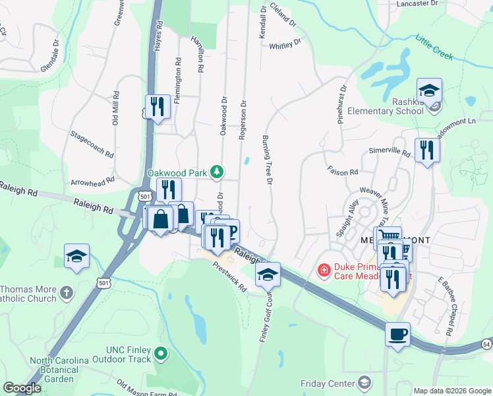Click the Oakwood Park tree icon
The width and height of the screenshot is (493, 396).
click(216, 173)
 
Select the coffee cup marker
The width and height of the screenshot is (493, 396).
click(397, 335)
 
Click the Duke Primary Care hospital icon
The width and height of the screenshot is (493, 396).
click(324, 270)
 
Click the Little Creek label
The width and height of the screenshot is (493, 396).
click(434, 48)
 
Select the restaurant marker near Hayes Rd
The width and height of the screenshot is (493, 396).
click(158, 107)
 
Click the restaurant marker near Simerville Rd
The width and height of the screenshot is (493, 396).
click(427, 150)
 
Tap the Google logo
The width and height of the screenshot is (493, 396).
click(22, 389)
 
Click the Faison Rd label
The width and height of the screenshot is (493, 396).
click(342, 171)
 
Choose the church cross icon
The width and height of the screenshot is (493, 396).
click(66, 291)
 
